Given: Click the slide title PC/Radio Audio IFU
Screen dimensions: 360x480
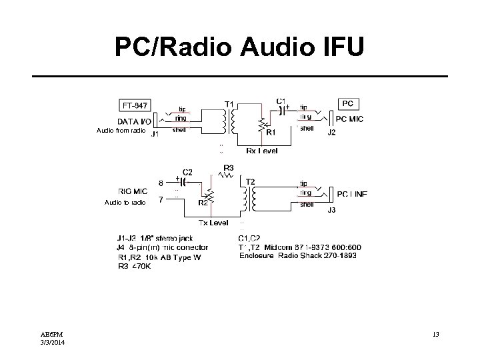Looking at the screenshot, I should tap(240, 47).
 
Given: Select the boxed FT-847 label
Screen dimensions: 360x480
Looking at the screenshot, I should tap(135, 105).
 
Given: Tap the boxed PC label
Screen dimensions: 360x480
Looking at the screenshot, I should tap(347, 103).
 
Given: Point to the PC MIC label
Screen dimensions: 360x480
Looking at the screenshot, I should tap(350, 119).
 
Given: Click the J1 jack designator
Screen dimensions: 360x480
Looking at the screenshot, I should tap(154, 134).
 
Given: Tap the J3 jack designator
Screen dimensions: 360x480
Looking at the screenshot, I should tap(331, 210).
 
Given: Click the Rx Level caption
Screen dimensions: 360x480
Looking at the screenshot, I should tap(262, 151).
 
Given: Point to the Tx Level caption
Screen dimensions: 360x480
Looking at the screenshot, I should tap(213, 222).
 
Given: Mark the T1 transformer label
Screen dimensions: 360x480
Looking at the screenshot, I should tap(229, 104).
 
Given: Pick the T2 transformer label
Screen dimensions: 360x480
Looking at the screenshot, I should tap(250, 181).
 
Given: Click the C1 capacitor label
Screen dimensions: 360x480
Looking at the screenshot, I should tap(281, 101).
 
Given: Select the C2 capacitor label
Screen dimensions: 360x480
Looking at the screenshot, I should tap(188, 171).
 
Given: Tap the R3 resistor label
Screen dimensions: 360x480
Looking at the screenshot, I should tap(229, 168).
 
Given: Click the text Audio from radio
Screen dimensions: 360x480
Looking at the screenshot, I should tap(121, 131).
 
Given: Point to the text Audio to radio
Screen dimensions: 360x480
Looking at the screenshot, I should tap(125, 202).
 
